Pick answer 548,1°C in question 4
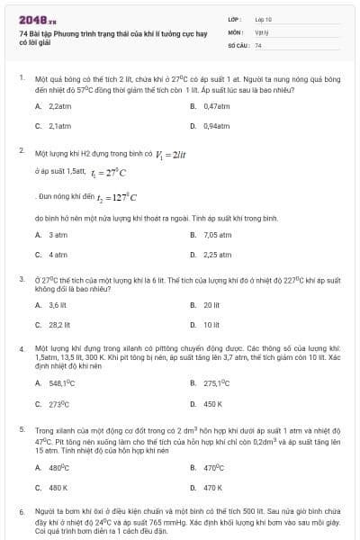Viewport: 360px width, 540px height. [59, 382]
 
